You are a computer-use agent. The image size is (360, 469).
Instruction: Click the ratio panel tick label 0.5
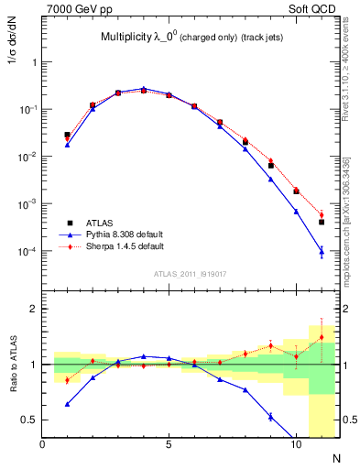[27, 420]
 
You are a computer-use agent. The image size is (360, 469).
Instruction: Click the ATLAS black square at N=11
[321, 222]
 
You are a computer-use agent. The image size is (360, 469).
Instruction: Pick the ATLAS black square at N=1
[68, 135]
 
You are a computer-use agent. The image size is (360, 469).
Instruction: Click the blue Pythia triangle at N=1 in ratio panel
[68, 403]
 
